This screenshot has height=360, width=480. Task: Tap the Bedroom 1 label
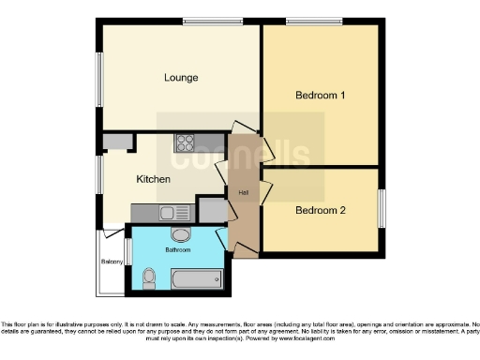[321, 96]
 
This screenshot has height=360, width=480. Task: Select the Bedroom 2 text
[321, 211]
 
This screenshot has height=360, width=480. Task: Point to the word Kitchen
[153, 178]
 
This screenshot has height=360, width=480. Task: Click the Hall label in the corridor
[243, 193]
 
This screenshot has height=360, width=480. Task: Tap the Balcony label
[112, 262]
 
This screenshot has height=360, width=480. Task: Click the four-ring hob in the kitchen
[185, 143]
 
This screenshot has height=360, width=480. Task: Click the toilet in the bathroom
[150, 277]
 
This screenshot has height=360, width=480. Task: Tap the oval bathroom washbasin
[180, 235]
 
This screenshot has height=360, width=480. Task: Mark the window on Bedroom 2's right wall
[382, 207]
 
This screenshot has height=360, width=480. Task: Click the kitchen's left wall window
[98, 174]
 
